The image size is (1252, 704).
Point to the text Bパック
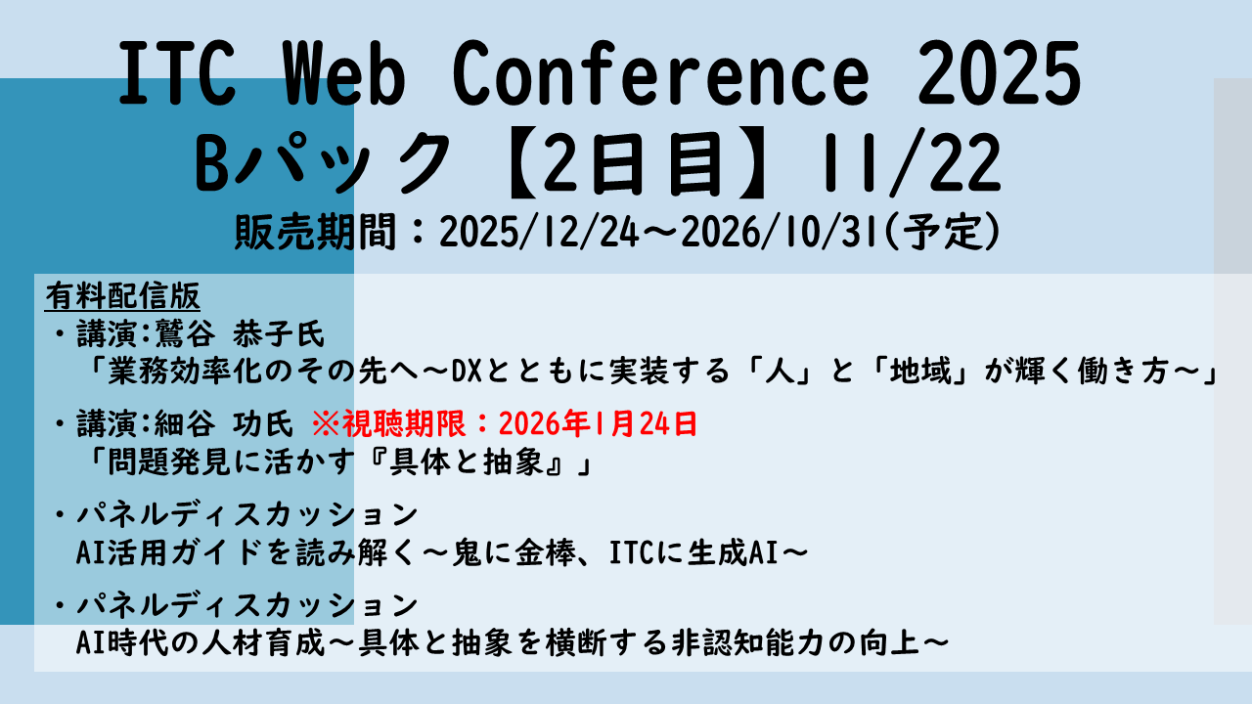322,163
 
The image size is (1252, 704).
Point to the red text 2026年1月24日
598,424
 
